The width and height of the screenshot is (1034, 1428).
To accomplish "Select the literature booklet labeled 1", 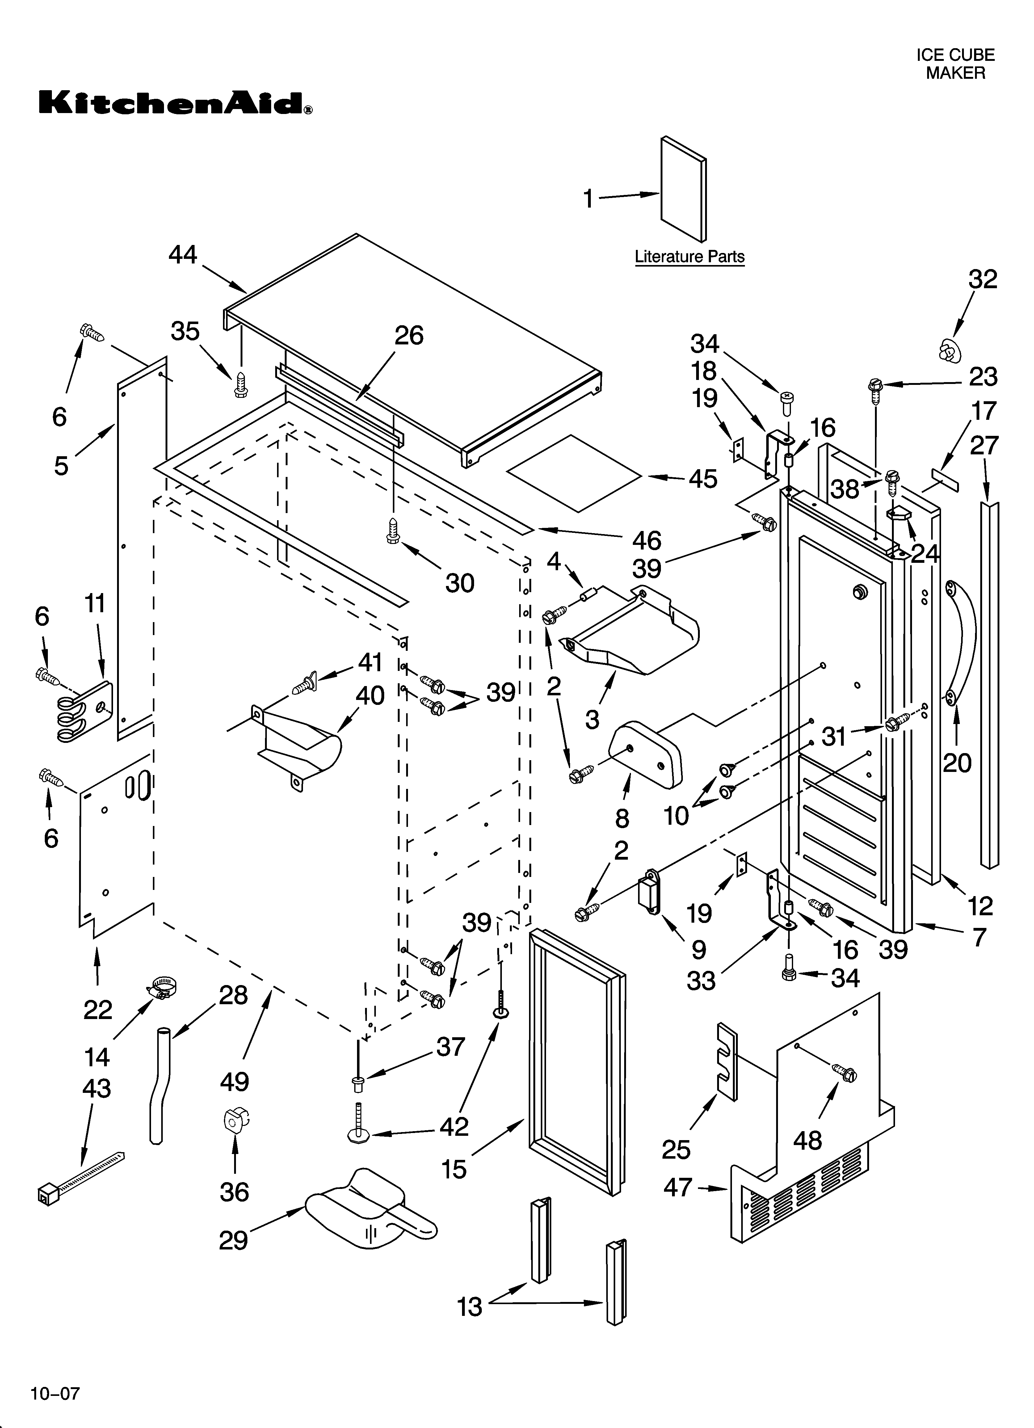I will pos(683,189).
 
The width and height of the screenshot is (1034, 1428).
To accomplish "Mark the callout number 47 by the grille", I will pos(678,1187).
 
